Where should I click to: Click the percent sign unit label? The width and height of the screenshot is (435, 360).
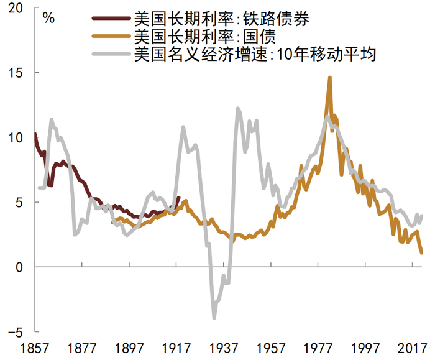(x=48, y=17)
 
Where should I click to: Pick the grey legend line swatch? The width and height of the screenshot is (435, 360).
(x=111, y=55)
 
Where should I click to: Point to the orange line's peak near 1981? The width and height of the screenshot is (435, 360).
(x=329, y=78)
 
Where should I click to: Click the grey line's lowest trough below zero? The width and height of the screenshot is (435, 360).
(x=214, y=318)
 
